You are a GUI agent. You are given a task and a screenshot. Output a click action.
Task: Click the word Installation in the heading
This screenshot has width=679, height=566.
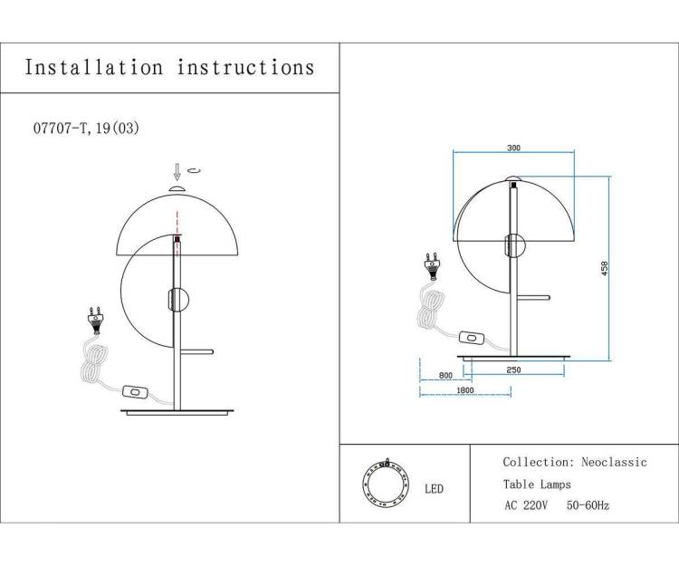pos(94,68)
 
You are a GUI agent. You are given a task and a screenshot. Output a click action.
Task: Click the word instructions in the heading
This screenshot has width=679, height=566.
pos(245,68)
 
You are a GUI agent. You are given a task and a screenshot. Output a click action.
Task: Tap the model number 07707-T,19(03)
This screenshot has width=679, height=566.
pos(86,129)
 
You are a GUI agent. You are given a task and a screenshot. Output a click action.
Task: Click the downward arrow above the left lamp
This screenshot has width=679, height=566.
pos(177,171)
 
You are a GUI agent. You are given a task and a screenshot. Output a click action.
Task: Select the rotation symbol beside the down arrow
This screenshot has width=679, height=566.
pos(194,170)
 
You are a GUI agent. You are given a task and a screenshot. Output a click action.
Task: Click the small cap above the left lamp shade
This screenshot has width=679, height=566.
pos(177,188)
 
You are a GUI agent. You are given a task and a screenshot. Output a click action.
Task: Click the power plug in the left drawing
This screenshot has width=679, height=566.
pos(96,321)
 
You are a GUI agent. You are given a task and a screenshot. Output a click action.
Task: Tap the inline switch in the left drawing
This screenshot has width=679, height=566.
pos(135,392)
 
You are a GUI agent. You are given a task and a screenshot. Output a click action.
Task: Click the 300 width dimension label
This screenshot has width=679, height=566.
pos(513,148)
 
